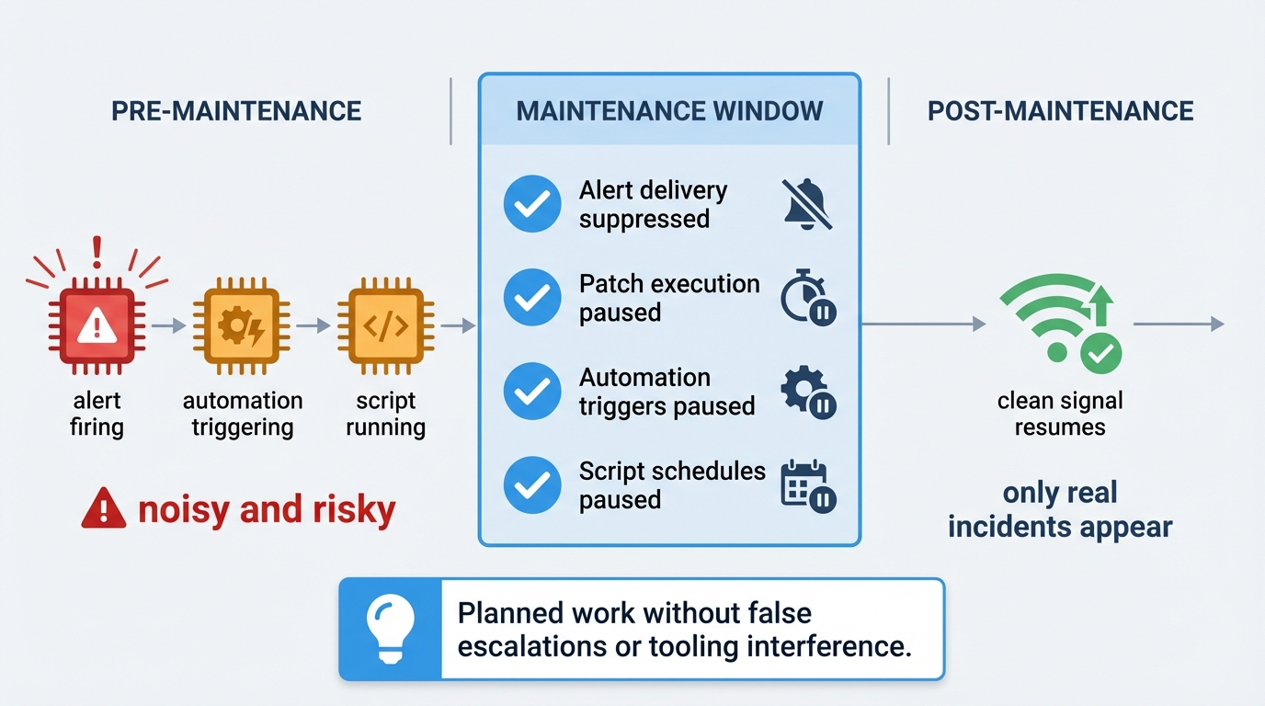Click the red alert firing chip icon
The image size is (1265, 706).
coord(97,325)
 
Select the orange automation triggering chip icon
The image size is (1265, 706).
coord(242,325)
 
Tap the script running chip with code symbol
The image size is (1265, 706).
coord(385,325)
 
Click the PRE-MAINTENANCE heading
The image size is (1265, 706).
coord(236,111)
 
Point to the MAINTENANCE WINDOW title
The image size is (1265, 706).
coord(669,111)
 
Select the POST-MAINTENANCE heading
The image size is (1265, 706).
coord(1060,111)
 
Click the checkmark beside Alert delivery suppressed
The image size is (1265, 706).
coord(532,204)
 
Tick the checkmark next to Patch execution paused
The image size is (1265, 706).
coord(532,298)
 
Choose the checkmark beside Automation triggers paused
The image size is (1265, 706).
coord(532,392)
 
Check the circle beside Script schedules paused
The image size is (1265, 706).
coord(532,485)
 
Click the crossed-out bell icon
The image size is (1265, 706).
coord(807,204)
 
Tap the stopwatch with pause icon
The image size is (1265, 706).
coord(807,298)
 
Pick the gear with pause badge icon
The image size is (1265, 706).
coord(807,393)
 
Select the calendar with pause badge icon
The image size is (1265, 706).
coord(807,485)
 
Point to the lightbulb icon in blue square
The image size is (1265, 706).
coord(391,629)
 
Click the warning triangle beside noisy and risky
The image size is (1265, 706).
coord(103,508)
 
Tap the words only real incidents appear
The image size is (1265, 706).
coord(1060,509)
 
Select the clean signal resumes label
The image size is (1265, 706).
coord(1060,414)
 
